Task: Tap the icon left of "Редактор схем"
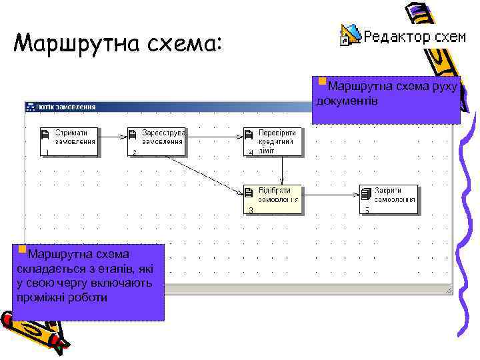[349, 35]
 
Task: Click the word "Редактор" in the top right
[395, 36]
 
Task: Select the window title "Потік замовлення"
[65, 107]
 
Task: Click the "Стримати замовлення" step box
[69, 141]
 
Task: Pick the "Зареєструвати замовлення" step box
[157, 141]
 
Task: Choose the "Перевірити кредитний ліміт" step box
[273, 141]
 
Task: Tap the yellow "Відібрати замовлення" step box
[273, 199]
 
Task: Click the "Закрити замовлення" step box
[389, 199]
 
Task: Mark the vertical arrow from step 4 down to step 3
[282, 170]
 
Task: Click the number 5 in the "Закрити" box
[367, 210]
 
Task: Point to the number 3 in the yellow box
[251, 210]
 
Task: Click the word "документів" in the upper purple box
[348, 101]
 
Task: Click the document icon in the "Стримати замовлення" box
[45, 135]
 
